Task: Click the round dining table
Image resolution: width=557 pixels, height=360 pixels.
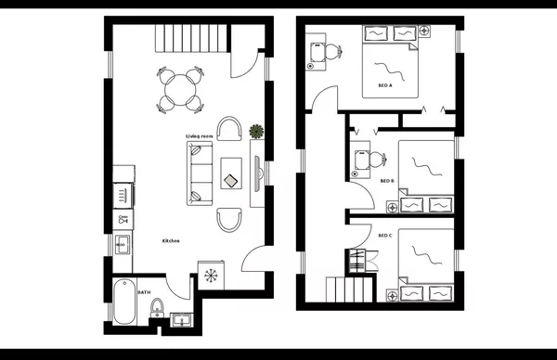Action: tap(180, 86)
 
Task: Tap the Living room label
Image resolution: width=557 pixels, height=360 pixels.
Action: tap(200, 136)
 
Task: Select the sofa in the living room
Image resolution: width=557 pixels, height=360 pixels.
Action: tap(200, 173)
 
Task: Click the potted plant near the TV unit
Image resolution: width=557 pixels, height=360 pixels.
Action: tap(257, 132)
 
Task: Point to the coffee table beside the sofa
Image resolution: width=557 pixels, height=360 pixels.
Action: tap(231, 172)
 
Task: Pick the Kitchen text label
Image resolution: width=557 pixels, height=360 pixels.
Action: tap(171, 241)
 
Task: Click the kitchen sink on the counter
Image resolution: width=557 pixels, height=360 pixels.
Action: tap(122, 246)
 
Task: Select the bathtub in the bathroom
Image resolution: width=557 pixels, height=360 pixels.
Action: tap(123, 303)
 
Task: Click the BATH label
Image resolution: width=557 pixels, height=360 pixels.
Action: tap(144, 292)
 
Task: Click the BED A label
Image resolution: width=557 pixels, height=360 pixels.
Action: tap(384, 85)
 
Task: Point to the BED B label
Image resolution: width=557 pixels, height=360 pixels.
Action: tap(388, 181)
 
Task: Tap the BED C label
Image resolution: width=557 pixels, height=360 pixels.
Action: tap(385, 236)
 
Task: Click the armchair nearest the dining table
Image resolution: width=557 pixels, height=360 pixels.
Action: tap(229, 129)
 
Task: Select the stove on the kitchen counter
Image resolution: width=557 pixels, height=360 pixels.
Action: tap(121, 194)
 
